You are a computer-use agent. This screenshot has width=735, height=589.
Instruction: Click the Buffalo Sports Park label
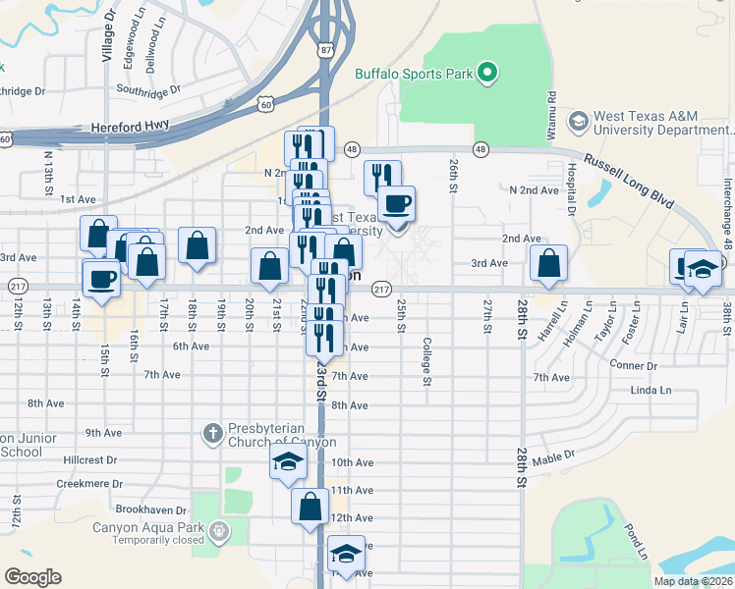click(413, 73)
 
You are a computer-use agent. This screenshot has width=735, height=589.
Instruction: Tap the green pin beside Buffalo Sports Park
click(486, 73)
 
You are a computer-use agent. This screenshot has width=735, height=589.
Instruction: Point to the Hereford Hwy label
click(129, 127)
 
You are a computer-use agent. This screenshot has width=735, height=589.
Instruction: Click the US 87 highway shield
click(325, 49)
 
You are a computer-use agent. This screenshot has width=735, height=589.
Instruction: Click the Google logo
click(32, 576)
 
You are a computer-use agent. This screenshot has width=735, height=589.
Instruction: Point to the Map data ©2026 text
click(692, 581)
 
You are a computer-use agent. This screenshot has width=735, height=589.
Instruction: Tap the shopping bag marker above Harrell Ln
click(547, 262)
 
